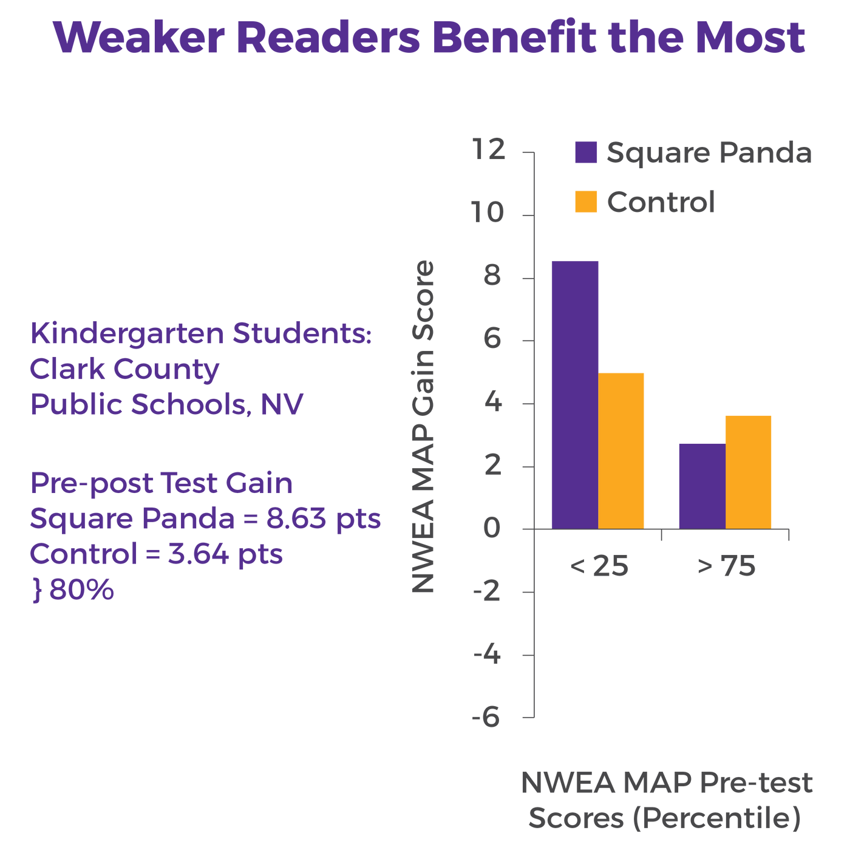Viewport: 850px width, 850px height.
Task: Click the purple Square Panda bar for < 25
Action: point(575,395)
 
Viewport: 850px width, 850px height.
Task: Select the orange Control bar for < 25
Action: point(620,451)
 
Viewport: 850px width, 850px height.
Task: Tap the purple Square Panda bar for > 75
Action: point(702,486)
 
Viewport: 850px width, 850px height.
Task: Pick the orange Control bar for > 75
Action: point(748,472)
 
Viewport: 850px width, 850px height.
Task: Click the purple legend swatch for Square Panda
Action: point(586,152)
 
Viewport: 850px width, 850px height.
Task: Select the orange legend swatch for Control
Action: point(586,202)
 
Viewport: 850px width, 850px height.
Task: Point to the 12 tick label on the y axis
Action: point(488,149)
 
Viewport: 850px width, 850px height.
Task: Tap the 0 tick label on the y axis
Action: point(492,528)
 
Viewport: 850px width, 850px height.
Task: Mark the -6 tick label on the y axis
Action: point(486,717)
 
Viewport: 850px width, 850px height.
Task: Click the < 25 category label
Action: point(599,566)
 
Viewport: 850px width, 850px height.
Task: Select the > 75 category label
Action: point(726,566)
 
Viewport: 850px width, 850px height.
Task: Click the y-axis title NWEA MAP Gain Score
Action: point(423,426)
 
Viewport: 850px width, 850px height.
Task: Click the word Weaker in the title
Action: point(139,38)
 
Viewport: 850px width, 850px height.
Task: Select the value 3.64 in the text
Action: point(198,554)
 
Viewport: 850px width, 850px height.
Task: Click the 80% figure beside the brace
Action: point(81,590)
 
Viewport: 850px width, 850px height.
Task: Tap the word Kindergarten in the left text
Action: point(127,334)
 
